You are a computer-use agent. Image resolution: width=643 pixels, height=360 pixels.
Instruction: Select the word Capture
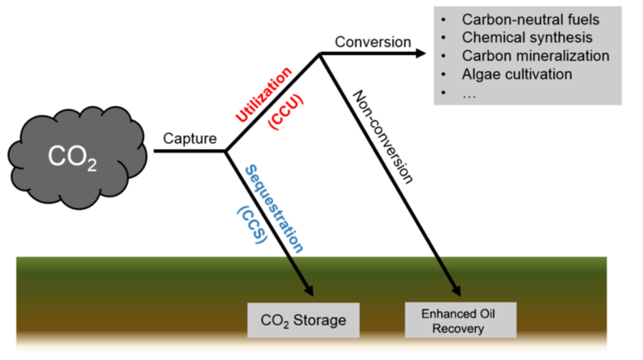pos(189,138)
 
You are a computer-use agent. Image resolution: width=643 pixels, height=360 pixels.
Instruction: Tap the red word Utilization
pos(264,94)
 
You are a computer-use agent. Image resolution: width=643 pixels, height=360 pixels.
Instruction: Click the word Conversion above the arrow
pos(372,42)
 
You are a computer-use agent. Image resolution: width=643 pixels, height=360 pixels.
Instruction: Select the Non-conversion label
pos(383,136)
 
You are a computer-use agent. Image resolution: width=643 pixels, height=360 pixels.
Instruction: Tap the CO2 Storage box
pos(303,320)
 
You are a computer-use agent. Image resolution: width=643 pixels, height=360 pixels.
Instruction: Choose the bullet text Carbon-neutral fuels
pos(531,20)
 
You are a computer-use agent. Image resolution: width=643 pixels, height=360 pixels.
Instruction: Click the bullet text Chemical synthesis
pos(527,38)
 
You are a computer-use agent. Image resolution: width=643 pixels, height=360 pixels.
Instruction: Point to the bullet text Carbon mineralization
pos(535,56)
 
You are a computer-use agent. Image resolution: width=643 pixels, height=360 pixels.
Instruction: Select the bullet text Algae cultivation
pos(517,74)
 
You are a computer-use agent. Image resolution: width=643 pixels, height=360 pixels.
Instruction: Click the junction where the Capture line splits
pos(226,151)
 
